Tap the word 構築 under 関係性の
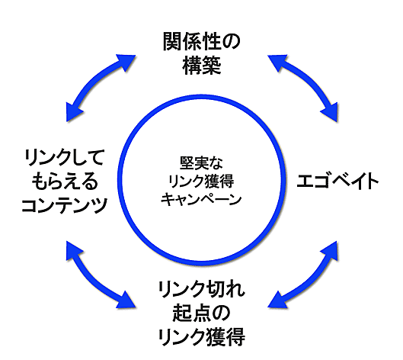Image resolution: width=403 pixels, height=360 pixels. coord(202,66)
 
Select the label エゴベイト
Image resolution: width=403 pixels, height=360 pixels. coord(338,182)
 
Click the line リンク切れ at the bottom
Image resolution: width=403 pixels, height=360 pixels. coord(202,290)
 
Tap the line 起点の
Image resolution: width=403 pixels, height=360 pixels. coord(202,313)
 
